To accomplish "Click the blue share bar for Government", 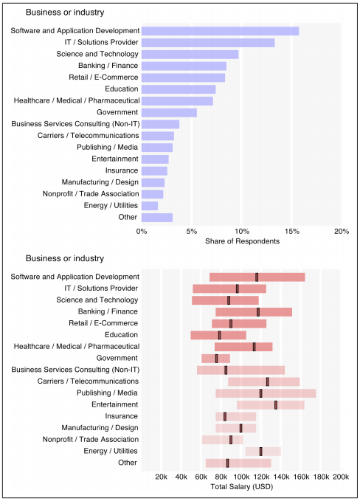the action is [169, 113].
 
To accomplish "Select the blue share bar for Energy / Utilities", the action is [150, 206].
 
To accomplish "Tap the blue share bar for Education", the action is [179, 89].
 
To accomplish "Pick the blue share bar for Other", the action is [157, 218].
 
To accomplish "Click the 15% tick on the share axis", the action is [291, 232].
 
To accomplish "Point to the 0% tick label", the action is [142, 232].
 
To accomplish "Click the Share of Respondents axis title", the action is [242, 241].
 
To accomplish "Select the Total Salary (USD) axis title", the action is [242, 487].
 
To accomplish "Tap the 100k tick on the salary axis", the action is [241, 477].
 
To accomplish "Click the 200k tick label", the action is [341, 477].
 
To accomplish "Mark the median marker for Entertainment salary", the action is [276, 405].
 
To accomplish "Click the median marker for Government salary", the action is [216, 359].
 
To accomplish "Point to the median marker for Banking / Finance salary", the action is [258, 312].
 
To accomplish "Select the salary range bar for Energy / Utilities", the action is [263, 452].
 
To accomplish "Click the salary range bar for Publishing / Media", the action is [266, 393].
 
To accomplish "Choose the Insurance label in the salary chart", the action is [122, 416].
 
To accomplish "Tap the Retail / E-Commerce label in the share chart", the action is [103, 77].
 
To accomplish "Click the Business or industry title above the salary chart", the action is [65, 258].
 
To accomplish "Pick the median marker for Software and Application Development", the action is [257, 277].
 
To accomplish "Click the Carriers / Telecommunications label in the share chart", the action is [89, 136].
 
